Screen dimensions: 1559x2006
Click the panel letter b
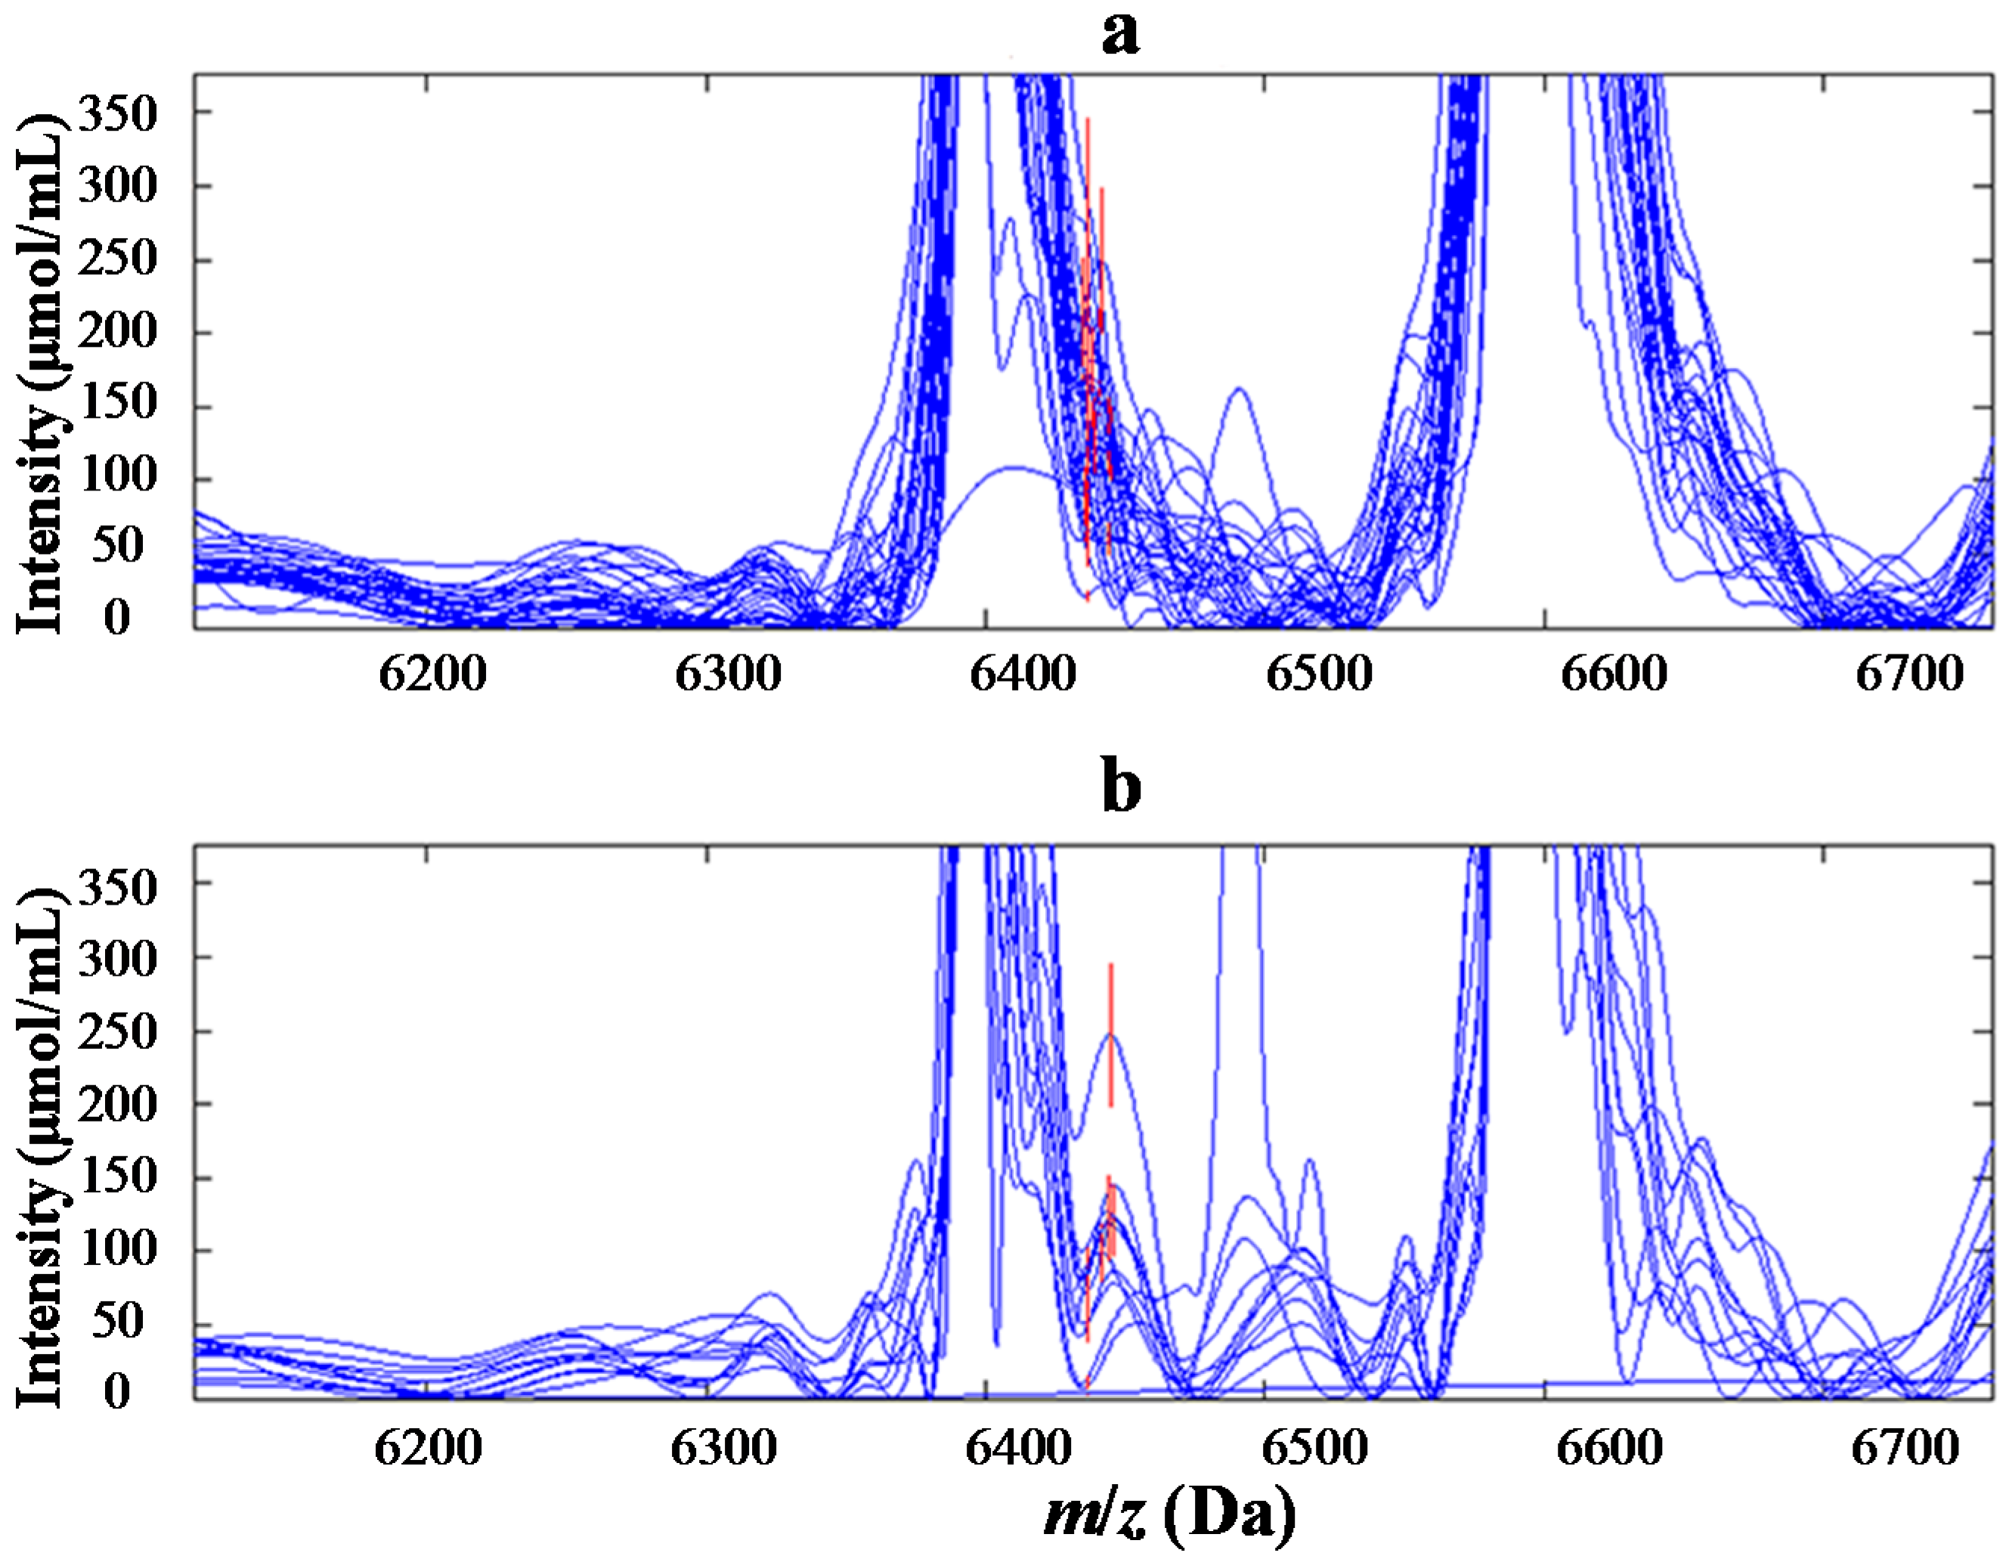click(x=1121, y=787)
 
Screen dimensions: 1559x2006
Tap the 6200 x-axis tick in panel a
click(x=432, y=675)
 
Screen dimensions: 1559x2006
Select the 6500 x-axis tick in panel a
click(x=1319, y=675)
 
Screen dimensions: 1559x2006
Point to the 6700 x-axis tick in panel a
click(x=1908, y=675)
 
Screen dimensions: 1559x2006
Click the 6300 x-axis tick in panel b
click(x=724, y=1448)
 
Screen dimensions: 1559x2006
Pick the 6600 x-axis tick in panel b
click(x=1610, y=1448)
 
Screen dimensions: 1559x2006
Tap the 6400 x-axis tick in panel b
click(x=1020, y=1448)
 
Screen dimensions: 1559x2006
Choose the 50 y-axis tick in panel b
click(x=118, y=1322)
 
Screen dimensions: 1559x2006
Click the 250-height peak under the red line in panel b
click(x=1111, y=1035)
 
